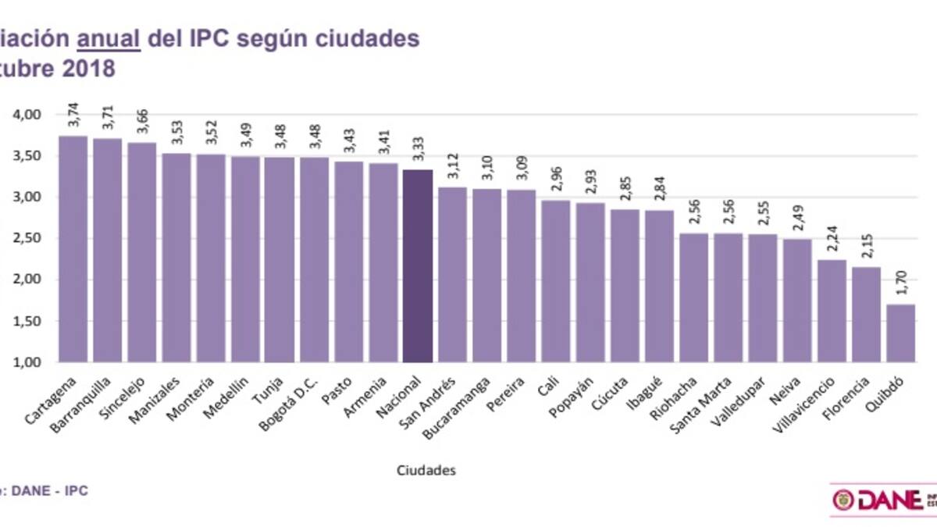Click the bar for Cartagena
pyautogui.click(x=73, y=249)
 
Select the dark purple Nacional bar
pyautogui.click(x=417, y=265)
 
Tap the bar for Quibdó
pyautogui.click(x=900, y=333)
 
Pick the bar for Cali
pyautogui.click(x=555, y=281)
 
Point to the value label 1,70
pyautogui.click(x=901, y=287)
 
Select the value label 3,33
pyautogui.click(x=418, y=151)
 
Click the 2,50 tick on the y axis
pyautogui.click(x=28, y=238)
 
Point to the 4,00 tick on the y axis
pyautogui.click(x=28, y=115)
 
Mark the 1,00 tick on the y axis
pyautogui.click(x=28, y=362)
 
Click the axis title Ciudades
pyautogui.click(x=426, y=470)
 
